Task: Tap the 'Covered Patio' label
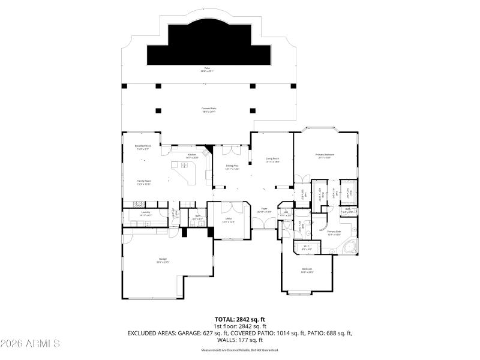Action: pos(209,109)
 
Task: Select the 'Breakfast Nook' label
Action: pos(143,146)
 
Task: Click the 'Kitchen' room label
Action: pos(192,155)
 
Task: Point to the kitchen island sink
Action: pos(176,165)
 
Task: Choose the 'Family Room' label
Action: pos(144,181)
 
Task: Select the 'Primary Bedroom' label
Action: pos(325,155)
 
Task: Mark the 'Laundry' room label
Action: pos(145,212)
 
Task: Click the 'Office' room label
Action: pos(229,220)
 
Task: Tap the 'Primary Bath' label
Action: pos(334,232)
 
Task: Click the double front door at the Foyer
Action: pos(261,224)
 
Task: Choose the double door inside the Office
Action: pos(227,206)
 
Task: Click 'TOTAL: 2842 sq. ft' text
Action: pos(240,319)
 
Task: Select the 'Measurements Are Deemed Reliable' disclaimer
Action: pos(240,349)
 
